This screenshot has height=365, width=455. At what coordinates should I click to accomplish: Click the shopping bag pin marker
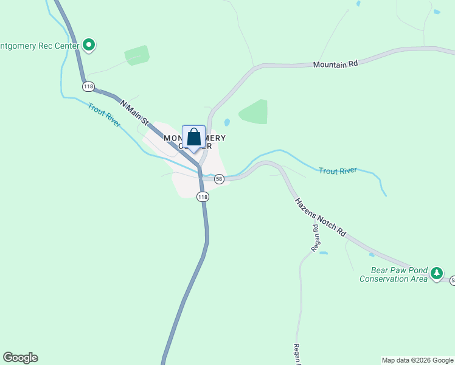pyautogui.click(x=194, y=137)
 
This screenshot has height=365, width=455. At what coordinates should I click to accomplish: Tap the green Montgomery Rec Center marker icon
pyautogui.click(x=89, y=45)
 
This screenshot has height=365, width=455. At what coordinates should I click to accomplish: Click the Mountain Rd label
pyautogui.click(x=335, y=64)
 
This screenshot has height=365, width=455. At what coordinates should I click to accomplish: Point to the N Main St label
pyautogui.click(x=135, y=113)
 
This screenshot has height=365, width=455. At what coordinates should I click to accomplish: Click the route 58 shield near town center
pyautogui.click(x=219, y=179)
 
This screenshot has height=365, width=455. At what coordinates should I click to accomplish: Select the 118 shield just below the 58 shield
pyautogui.click(x=203, y=196)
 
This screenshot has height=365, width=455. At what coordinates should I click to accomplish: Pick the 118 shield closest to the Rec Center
pyautogui.click(x=89, y=86)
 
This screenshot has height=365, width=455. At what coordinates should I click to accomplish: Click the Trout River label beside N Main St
pyautogui.click(x=105, y=115)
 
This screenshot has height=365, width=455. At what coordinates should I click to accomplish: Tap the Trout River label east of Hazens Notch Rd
pyautogui.click(x=338, y=171)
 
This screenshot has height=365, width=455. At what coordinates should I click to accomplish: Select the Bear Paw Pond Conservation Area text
pyautogui.click(x=393, y=275)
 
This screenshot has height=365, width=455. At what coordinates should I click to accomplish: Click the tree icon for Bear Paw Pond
pyautogui.click(x=436, y=274)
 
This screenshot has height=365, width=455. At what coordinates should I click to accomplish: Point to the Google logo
pyautogui.click(x=20, y=358)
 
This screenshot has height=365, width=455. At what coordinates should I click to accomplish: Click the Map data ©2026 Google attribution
pyautogui.click(x=418, y=360)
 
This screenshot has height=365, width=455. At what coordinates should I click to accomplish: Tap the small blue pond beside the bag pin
pyautogui.click(x=227, y=122)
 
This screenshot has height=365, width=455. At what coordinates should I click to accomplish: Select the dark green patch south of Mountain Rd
pyautogui.click(x=254, y=112)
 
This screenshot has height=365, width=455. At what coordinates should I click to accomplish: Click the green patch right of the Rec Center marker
pyautogui.click(x=137, y=55)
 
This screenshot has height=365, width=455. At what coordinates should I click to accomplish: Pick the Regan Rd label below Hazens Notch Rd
pyautogui.click(x=315, y=238)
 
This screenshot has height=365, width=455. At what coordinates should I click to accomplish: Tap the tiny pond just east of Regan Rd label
pyautogui.click(x=323, y=252)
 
